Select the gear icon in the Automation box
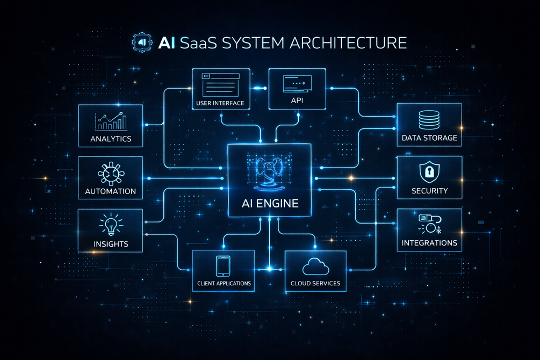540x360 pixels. click(110, 173)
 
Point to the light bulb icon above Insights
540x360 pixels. click(110, 224)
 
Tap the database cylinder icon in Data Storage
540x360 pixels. click(429, 120)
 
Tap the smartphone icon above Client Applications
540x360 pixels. click(224, 266)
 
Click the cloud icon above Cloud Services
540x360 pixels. click(315, 266)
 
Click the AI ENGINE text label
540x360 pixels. click(269, 204)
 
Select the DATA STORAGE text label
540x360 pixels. click(429, 138)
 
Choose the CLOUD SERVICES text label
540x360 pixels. click(315, 283)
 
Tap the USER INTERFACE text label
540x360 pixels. click(220, 103)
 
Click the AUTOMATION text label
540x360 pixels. click(110, 191)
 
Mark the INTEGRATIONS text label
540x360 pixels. click(429, 243)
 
